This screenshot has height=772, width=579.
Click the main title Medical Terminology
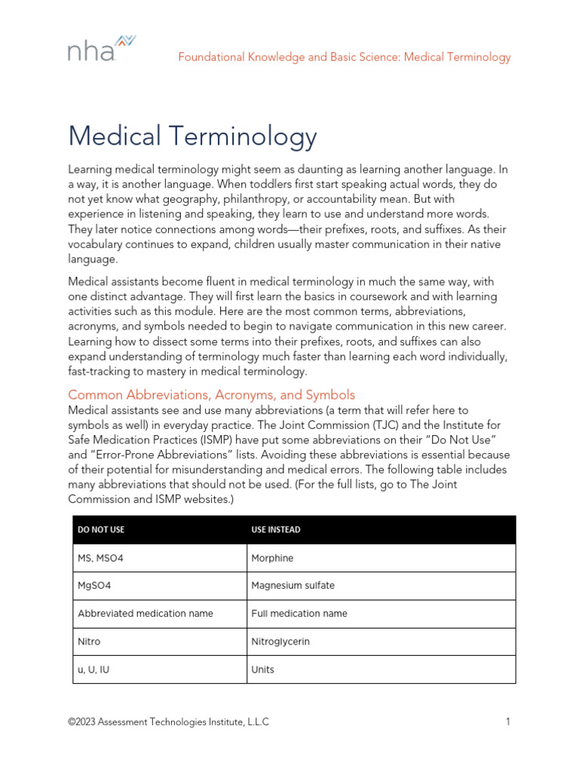pyautogui.click(x=192, y=136)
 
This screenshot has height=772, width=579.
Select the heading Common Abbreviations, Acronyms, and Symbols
pyautogui.click(x=211, y=395)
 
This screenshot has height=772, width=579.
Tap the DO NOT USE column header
pyautogui.click(x=101, y=530)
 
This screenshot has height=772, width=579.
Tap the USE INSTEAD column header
pyautogui.click(x=275, y=530)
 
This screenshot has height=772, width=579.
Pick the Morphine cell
pyautogui.click(x=272, y=558)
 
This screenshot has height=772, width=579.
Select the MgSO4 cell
pyautogui.click(x=94, y=586)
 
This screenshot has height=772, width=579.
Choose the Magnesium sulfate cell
pyautogui.click(x=293, y=586)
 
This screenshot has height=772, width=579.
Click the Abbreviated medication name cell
pyautogui.click(x=146, y=614)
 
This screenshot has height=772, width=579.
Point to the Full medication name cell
pyautogui.click(x=299, y=614)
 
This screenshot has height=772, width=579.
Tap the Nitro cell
pyautogui.click(x=89, y=642)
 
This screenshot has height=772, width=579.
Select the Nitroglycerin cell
pyautogui.click(x=280, y=642)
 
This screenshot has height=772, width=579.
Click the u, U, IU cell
pyautogui.click(x=93, y=669)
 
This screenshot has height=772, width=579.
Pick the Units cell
pyautogui.click(x=262, y=669)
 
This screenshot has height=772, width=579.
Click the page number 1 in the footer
pyautogui.click(x=508, y=721)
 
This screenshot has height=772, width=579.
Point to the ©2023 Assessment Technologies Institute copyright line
pyautogui.click(x=168, y=721)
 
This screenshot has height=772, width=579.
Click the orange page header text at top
pyautogui.click(x=344, y=57)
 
